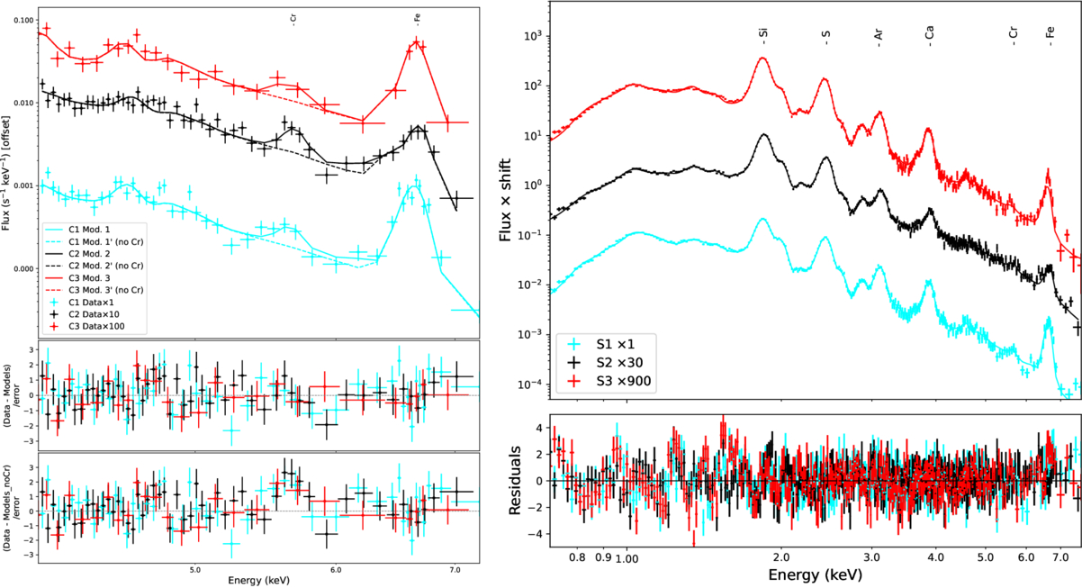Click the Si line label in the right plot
763,35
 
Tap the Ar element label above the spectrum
879,35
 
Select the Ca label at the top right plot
930,35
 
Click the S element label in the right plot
825,36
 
